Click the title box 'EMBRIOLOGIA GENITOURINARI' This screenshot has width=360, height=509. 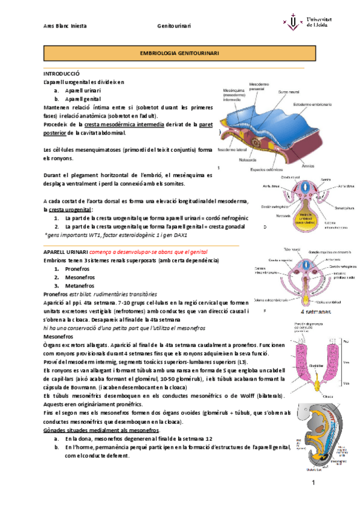click(179, 53)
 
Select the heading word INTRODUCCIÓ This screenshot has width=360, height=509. click(62, 72)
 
